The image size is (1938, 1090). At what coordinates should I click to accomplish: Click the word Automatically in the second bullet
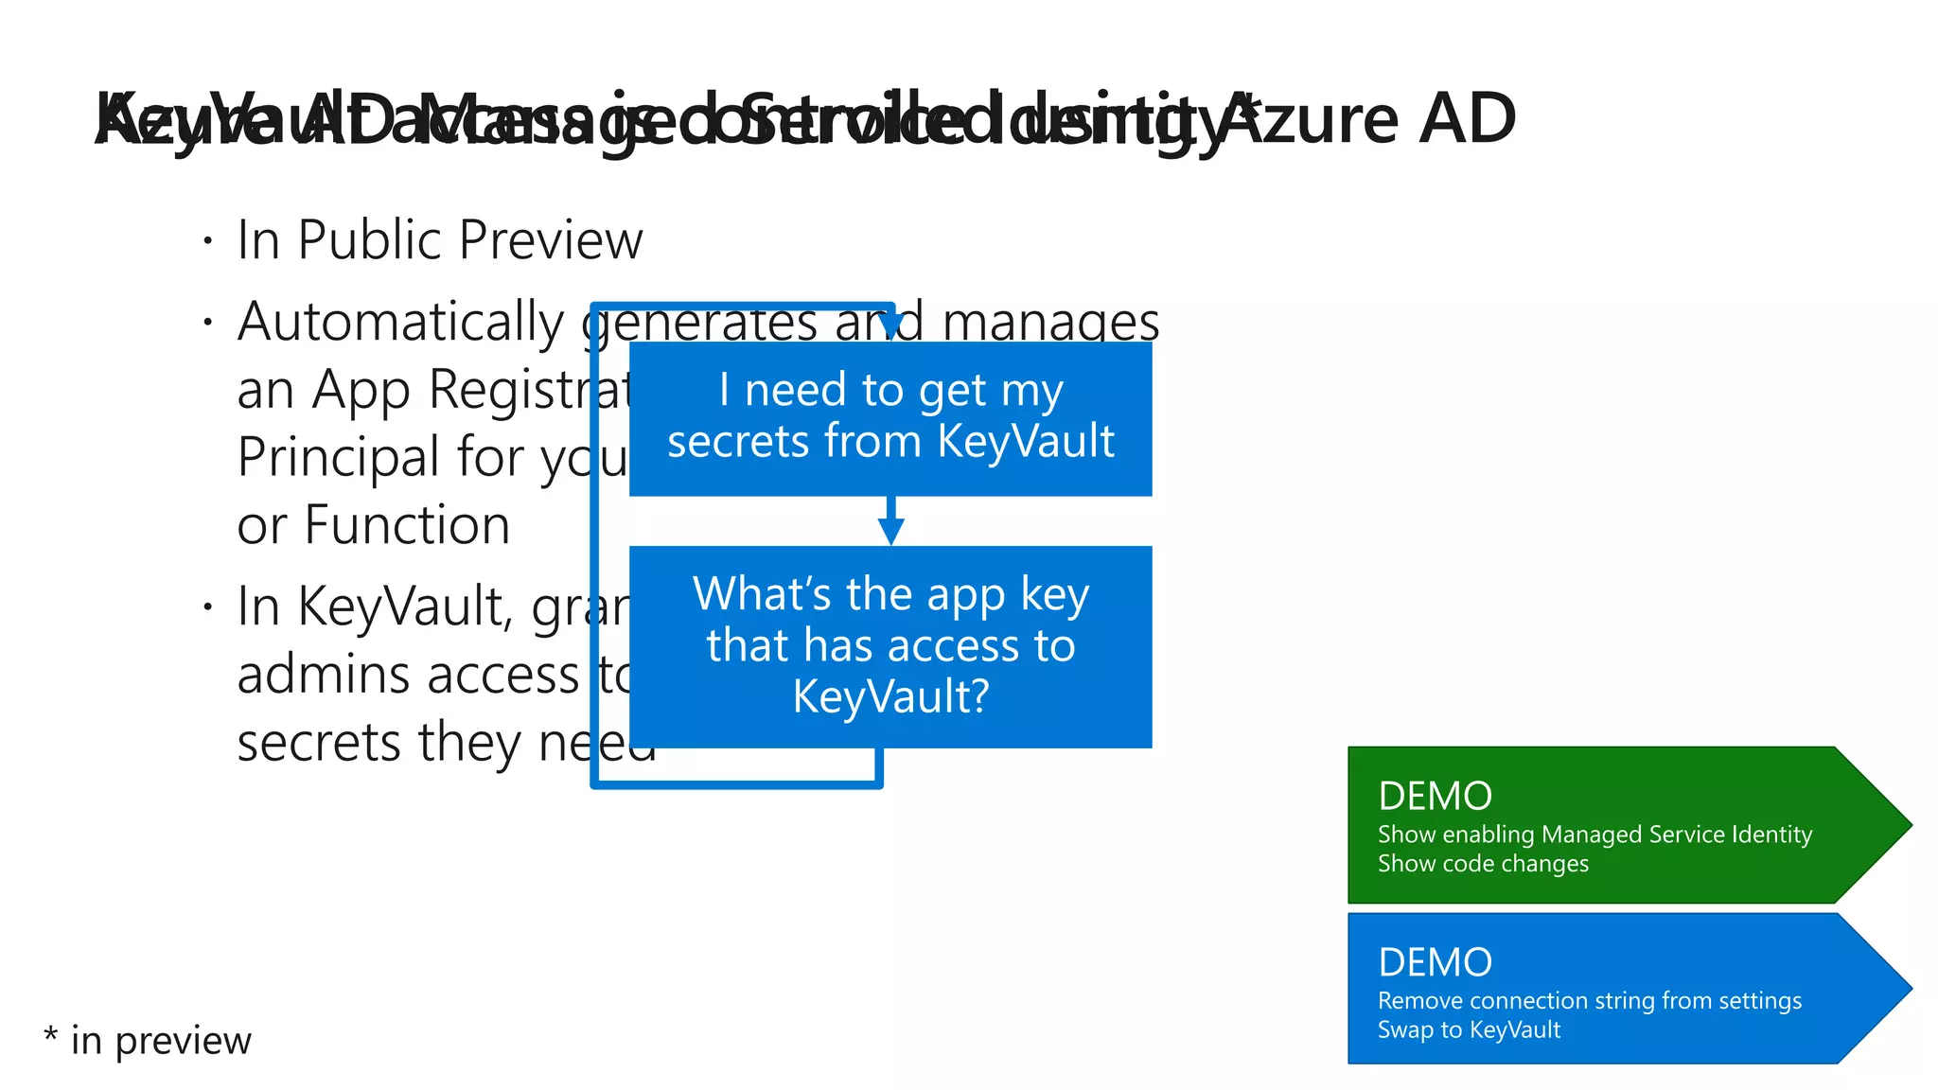[x=400, y=323]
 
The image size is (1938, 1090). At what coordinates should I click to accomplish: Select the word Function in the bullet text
[x=407, y=526]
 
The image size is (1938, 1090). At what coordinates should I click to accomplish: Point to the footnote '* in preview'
[x=149, y=1041]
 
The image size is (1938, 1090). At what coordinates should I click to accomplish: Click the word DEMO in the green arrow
[x=1435, y=797]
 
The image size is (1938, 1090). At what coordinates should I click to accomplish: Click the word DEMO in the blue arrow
[x=1435, y=963]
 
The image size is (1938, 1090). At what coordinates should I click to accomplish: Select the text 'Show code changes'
[x=1483, y=864]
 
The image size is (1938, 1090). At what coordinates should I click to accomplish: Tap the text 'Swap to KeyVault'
[x=1469, y=1030]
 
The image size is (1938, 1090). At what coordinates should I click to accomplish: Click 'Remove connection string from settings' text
[x=1589, y=1001]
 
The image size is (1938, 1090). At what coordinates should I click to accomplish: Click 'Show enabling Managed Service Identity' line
[x=1594, y=835]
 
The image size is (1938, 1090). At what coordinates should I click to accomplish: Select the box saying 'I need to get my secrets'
[x=890, y=418]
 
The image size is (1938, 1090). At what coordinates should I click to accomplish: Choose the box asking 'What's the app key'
[x=890, y=647]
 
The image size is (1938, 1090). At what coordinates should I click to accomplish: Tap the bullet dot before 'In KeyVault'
[x=207, y=607]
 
